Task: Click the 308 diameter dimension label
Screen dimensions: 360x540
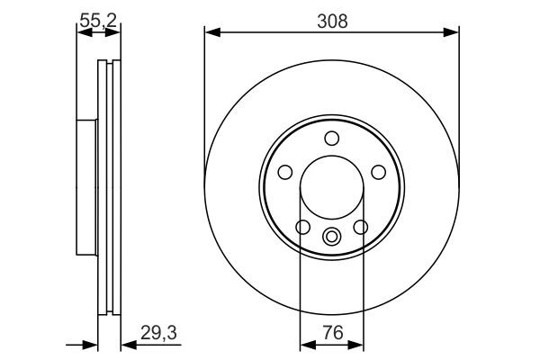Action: (331, 19)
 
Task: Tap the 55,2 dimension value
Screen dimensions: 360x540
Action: (98, 18)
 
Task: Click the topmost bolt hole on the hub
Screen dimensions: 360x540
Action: (331, 138)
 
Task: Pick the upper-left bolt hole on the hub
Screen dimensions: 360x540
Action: (285, 171)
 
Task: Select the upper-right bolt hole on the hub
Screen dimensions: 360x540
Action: (377, 171)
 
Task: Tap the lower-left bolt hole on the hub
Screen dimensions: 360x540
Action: (303, 226)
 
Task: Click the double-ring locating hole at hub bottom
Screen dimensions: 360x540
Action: (331, 238)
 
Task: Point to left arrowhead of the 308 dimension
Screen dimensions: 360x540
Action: (211, 33)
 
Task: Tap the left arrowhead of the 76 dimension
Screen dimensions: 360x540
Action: (304, 343)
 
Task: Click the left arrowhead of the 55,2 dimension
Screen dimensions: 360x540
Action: (81, 33)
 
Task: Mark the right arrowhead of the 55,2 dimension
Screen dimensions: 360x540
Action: (115, 33)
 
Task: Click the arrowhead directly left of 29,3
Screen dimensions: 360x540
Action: (127, 343)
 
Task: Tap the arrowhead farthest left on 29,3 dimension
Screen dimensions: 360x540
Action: (90, 343)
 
